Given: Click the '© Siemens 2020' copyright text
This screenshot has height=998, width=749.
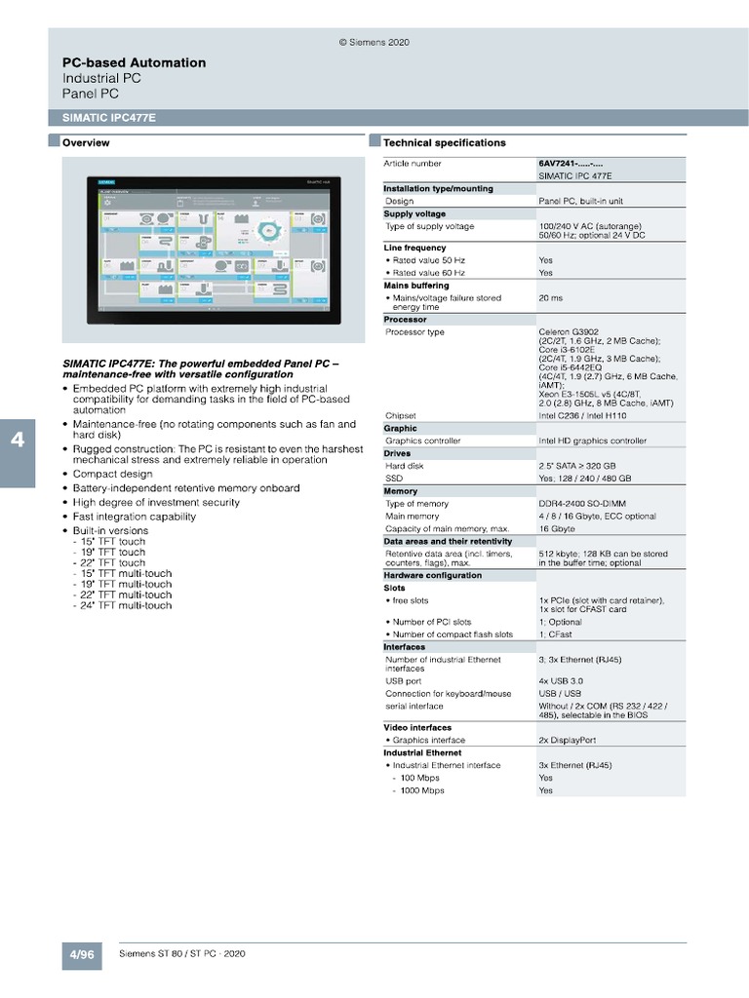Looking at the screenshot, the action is pyautogui.click(x=374, y=43).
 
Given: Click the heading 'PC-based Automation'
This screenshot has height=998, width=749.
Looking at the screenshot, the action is pyautogui.click(x=134, y=62).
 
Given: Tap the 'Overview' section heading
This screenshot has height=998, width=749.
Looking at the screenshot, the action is pyautogui.click(x=86, y=143).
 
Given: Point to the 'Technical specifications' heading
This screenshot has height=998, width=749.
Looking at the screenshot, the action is pyautogui.click(x=445, y=143).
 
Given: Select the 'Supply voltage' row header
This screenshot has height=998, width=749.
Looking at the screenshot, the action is pyautogui.click(x=414, y=213).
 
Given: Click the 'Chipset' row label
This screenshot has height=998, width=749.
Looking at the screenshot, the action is pyautogui.click(x=401, y=415).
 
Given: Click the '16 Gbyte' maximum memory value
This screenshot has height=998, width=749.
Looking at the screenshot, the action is pyautogui.click(x=557, y=528).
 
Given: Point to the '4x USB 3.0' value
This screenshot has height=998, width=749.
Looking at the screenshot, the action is pyautogui.click(x=561, y=680).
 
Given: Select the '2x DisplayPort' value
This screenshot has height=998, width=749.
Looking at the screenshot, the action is pyautogui.click(x=567, y=740).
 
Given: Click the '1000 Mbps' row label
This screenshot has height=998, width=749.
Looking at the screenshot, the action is pyautogui.click(x=421, y=790).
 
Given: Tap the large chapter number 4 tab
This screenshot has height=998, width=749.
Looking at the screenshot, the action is pyautogui.click(x=18, y=440).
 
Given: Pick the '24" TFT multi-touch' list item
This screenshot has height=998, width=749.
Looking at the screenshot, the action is pyautogui.click(x=127, y=605).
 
